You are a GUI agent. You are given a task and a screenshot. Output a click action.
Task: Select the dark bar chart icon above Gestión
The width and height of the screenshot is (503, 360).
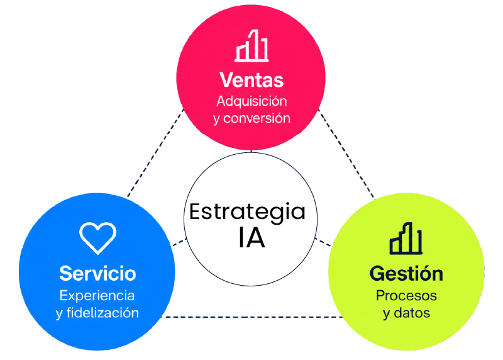click(x=406, y=239)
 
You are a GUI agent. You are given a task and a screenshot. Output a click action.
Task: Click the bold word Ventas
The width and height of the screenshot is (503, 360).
click(x=251, y=80)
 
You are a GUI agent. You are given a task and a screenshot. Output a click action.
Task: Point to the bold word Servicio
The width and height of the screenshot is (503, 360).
click(x=97, y=274)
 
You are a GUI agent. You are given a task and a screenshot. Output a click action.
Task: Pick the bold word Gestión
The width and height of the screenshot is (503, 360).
click(x=406, y=273)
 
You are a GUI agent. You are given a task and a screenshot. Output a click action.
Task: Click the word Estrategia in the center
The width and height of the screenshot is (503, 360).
click(x=247, y=212)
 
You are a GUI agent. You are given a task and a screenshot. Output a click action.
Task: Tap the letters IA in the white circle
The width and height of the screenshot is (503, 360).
click(x=251, y=238)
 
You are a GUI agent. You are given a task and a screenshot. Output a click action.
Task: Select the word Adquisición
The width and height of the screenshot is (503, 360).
click(x=252, y=101)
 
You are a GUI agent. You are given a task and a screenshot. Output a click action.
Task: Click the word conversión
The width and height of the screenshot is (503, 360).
click(x=257, y=118)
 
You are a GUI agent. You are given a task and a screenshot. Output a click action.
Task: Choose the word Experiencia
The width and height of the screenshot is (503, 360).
click(x=97, y=296)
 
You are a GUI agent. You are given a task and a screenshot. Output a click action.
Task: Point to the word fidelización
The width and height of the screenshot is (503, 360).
click(x=102, y=312)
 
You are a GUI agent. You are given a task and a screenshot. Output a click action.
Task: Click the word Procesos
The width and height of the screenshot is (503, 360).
click(x=406, y=295)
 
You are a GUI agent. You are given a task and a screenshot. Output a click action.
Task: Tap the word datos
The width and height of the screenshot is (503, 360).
click(x=412, y=312)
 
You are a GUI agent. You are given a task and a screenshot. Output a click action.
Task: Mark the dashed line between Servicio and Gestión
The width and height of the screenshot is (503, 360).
click(x=252, y=317)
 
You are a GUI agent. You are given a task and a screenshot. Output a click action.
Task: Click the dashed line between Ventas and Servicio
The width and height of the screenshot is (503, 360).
click(x=155, y=153)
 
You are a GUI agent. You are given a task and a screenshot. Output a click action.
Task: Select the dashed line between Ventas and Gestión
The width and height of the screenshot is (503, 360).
click(x=346, y=154)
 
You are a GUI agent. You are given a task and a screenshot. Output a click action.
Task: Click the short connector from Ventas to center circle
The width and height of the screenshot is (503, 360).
click(x=251, y=151)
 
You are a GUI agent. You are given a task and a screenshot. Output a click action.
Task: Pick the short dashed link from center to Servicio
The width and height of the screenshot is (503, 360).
click(x=180, y=242)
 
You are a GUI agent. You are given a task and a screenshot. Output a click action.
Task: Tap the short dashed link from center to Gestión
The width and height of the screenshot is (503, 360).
click(x=323, y=242)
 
